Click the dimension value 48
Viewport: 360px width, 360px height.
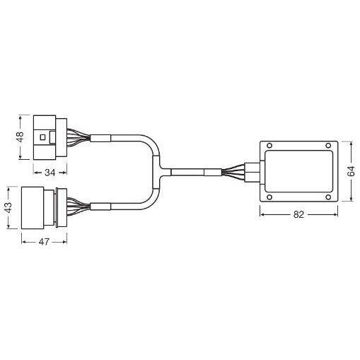tap(21, 137)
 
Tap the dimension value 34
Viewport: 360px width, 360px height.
tap(50, 173)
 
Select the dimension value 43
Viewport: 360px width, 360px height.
tap(8, 207)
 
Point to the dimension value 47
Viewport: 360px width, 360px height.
tap(44, 242)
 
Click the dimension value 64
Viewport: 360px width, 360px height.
tap(351, 171)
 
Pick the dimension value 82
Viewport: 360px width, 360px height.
tap(298, 214)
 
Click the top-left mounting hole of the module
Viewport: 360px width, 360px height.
tap(269, 146)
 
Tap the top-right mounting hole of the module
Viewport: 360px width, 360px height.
tap(328, 146)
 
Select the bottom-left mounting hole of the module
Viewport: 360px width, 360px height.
tap(269, 197)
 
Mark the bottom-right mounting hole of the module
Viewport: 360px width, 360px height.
tap(328, 197)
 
